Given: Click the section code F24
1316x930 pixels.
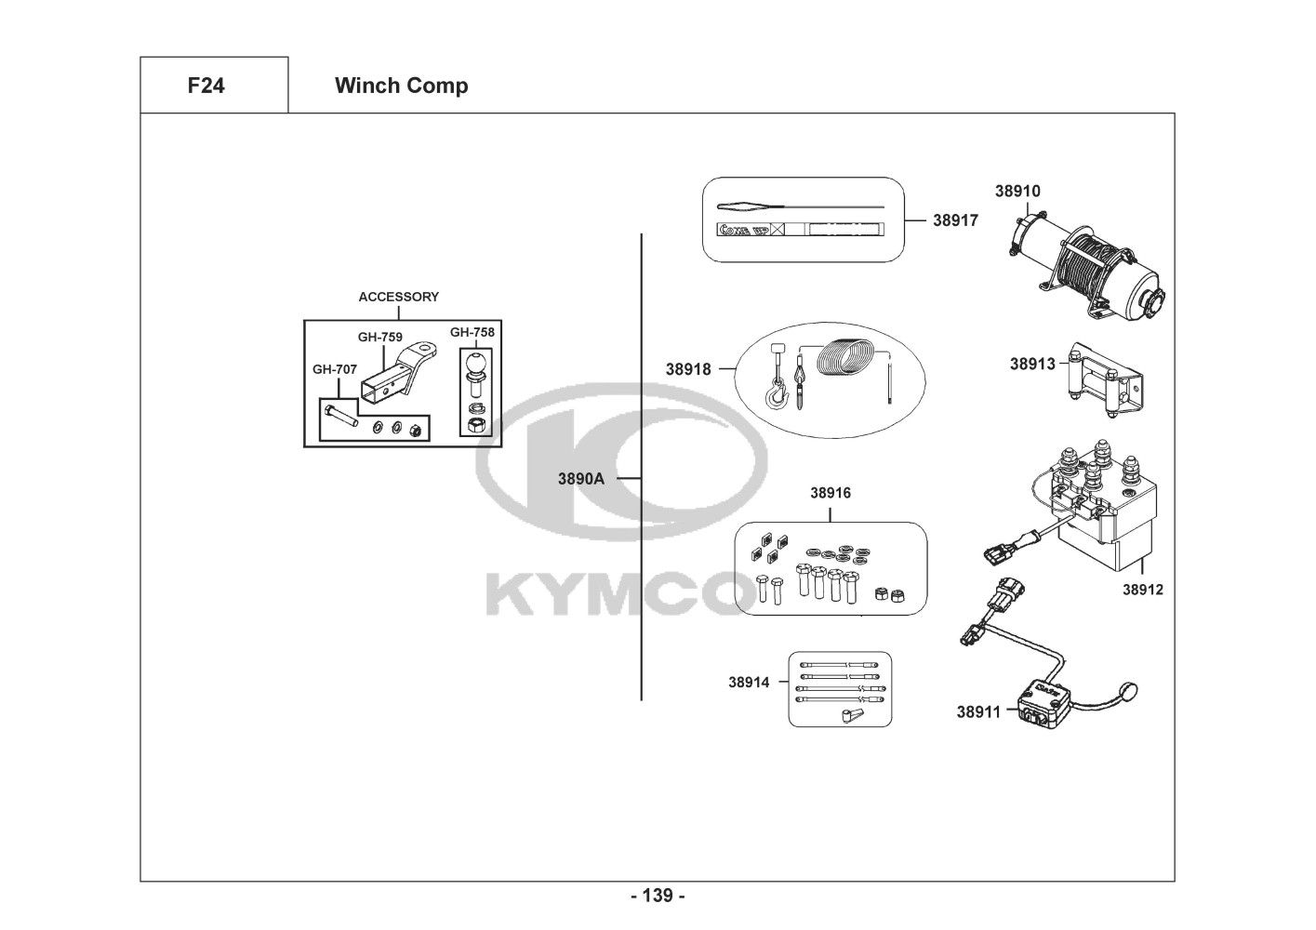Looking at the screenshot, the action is click(x=206, y=86).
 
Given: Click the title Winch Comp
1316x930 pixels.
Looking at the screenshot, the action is click(x=401, y=86).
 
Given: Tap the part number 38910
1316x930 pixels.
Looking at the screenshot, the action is click(x=1017, y=191).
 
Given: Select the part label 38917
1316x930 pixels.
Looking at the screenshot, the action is click(x=956, y=220).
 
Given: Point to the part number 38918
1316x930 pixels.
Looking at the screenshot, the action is click(x=688, y=369).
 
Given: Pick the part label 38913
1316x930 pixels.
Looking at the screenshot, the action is click(x=1033, y=364).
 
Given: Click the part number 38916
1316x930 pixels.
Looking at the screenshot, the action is click(x=831, y=493).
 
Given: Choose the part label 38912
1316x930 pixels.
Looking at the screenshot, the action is click(x=1143, y=590).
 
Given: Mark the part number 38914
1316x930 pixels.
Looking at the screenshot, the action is click(x=749, y=682).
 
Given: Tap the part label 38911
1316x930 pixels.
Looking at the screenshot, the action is click(x=978, y=711).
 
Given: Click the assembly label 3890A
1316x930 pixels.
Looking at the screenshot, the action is click(x=581, y=479).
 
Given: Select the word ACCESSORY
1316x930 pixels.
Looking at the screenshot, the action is click(x=398, y=297).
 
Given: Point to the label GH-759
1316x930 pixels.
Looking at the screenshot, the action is click(x=380, y=338).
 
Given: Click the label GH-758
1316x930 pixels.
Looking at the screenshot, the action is click(x=472, y=332).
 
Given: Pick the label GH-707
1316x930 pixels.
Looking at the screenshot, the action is click(x=334, y=369).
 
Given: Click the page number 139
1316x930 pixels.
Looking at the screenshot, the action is click(x=658, y=896).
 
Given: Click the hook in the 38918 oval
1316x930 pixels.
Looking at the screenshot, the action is click(x=777, y=393).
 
